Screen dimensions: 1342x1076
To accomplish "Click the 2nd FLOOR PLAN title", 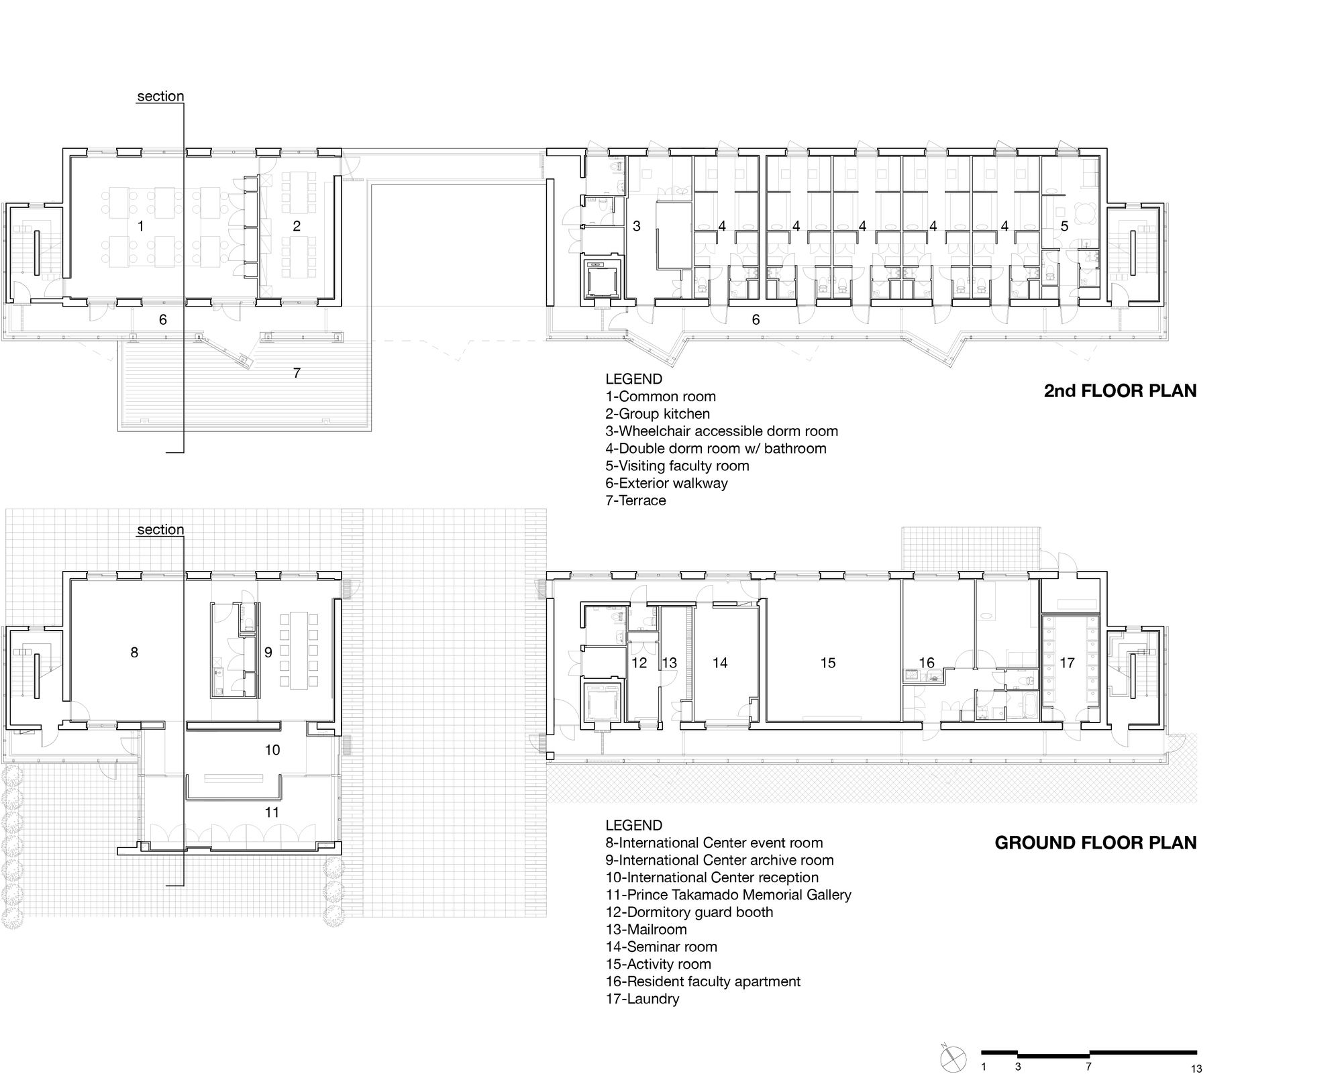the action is point(1120,391).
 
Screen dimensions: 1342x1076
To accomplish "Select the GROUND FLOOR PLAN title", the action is point(1096,843).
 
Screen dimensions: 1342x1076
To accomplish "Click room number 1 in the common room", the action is point(141,226).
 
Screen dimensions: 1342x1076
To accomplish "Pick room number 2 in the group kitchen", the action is point(297,226).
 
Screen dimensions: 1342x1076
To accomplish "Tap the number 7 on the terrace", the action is point(297,373).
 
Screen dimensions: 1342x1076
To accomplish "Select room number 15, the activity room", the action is point(828,663).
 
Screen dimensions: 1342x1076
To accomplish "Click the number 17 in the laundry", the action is point(1067,663).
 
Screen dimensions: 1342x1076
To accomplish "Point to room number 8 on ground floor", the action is point(134,652).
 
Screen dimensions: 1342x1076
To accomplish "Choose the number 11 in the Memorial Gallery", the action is point(272,812).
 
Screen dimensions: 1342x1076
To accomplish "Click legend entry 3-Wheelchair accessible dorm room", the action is point(721,431).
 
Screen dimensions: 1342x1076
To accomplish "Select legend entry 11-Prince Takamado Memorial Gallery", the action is point(728,895).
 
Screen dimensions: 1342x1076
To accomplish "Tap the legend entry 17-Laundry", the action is point(642,999).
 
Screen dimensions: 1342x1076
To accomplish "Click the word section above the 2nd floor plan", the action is point(160,97).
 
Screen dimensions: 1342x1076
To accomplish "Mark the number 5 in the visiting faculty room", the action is point(1064,226).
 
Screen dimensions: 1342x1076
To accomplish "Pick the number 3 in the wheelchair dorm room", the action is point(637,226).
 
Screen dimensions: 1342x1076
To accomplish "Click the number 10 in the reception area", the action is point(272,750).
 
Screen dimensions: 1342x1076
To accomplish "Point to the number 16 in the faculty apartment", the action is point(926,663).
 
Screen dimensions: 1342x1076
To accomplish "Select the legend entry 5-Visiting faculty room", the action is point(677,466).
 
